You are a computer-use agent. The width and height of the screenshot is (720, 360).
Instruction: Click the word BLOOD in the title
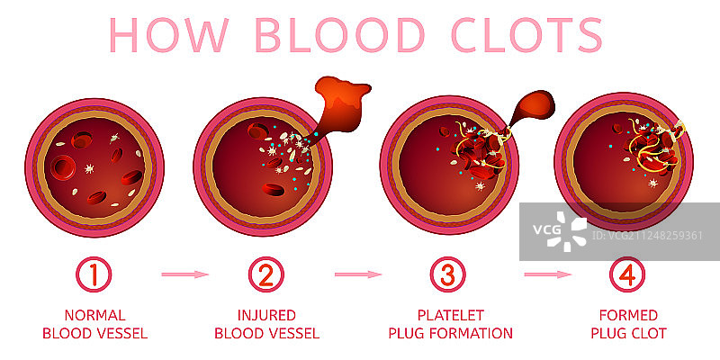(340, 34)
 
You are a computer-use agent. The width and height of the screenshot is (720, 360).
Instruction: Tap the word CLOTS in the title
(525, 34)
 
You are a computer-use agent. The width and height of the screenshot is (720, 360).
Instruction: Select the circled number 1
(94, 274)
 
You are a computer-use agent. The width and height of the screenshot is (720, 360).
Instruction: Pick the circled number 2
(265, 274)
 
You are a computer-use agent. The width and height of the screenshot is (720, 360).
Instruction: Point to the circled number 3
(449, 274)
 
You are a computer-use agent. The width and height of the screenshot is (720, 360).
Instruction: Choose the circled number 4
(628, 274)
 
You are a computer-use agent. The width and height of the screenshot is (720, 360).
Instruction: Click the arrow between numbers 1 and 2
(184, 274)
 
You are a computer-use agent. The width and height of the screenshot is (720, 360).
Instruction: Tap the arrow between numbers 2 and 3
(357, 274)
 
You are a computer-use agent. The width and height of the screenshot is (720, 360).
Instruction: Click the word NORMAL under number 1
(94, 316)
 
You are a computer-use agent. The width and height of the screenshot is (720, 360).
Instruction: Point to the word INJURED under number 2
(265, 316)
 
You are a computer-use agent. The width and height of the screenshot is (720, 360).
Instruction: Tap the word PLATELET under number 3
(450, 316)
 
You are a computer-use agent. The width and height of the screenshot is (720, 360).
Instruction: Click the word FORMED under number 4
(628, 316)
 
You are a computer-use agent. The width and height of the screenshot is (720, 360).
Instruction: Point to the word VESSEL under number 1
(122, 334)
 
